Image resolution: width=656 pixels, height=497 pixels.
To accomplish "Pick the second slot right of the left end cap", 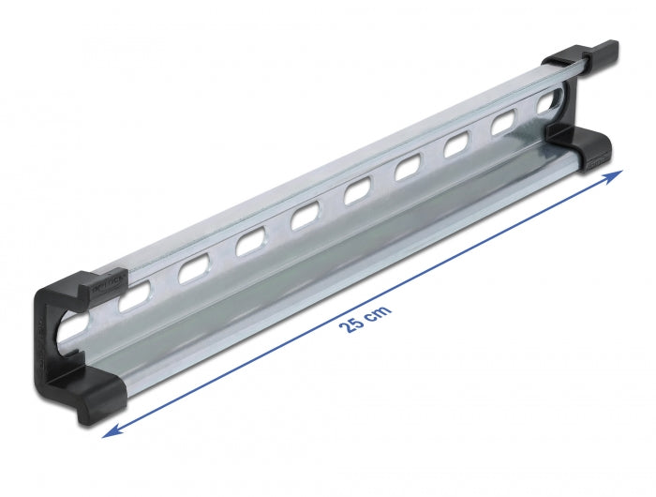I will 193,270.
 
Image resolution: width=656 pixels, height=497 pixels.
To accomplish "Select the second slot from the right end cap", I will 505,124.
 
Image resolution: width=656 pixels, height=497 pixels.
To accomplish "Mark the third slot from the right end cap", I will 456,145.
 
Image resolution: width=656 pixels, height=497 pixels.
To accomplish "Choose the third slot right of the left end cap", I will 250,244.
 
